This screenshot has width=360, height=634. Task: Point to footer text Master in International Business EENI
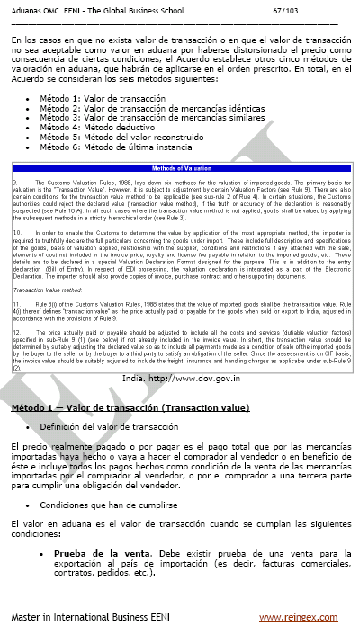tap(95, 618)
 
